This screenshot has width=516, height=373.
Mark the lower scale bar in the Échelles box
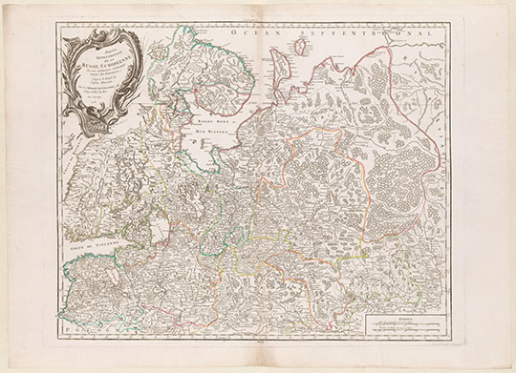pos(401,328)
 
